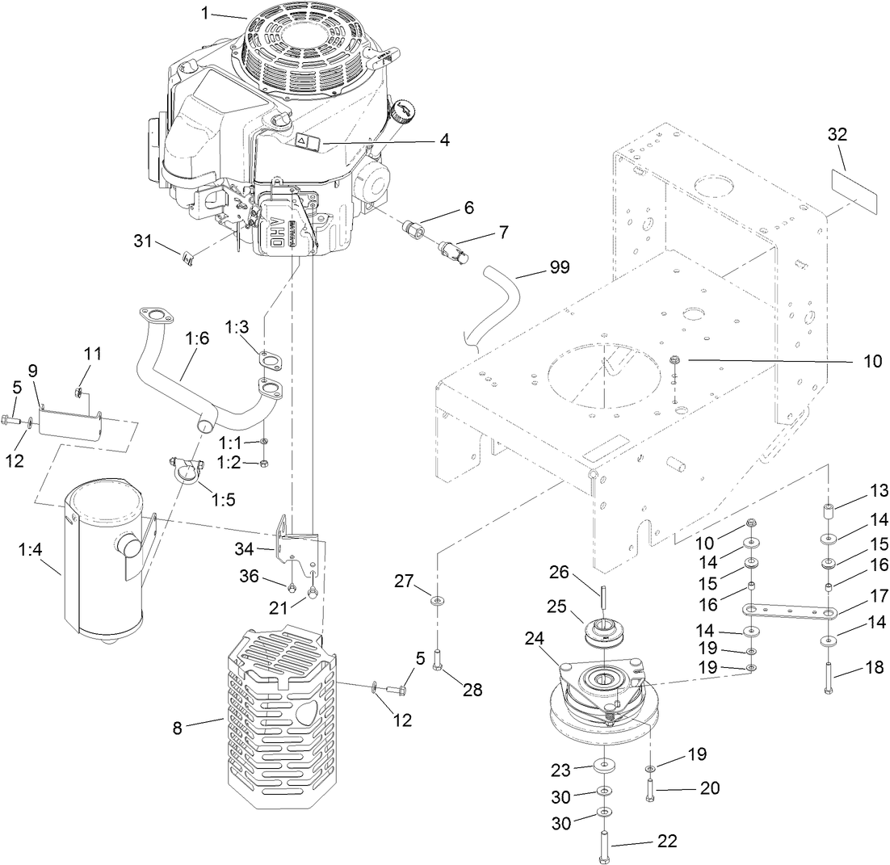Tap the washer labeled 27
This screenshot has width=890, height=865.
point(437,602)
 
